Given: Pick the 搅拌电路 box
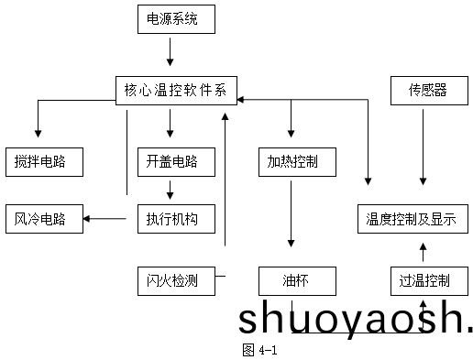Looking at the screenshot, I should pyautogui.click(x=43, y=161).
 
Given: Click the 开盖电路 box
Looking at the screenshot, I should pyautogui.click(x=171, y=161).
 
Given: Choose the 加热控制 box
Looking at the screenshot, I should pyautogui.click(x=293, y=161).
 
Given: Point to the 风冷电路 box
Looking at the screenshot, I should pyautogui.click(x=43, y=218).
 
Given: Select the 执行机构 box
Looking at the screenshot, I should pyautogui.click(x=171, y=218).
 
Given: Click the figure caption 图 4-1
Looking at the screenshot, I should pyautogui.click(x=259, y=350).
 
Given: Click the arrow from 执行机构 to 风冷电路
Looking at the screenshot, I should pyautogui.click(x=106, y=218).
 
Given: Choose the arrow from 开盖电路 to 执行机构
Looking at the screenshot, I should pyautogui.click(x=170, y=190).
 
